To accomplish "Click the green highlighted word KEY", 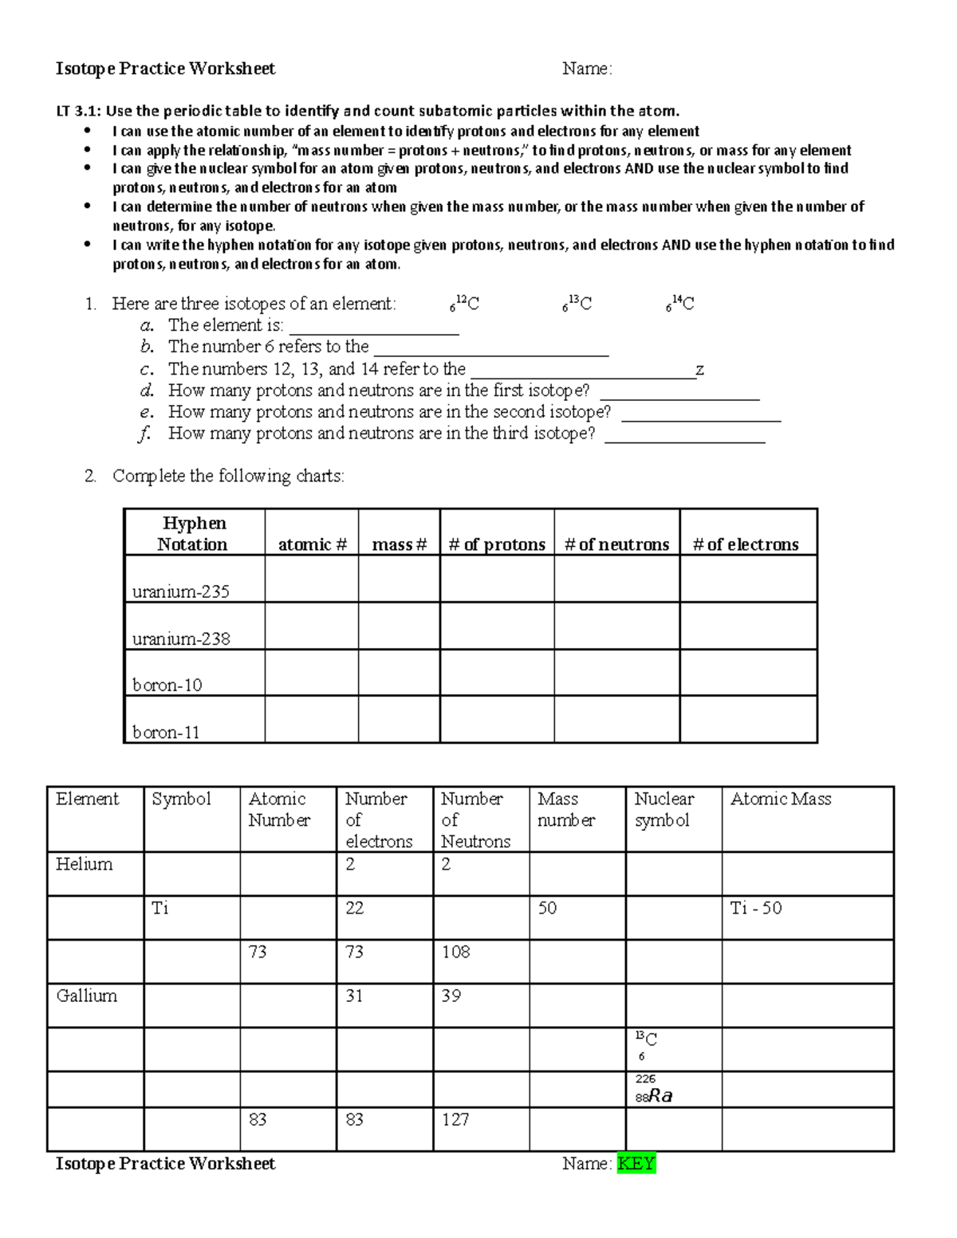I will click(x=636, y=1163).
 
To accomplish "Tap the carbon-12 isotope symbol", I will click(x=464, y=304).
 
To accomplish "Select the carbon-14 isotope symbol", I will click(x=680, y=304).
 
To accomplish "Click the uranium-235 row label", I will click(x=181, y=591).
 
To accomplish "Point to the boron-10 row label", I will click(x=167, y=685).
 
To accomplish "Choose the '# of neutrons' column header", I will click(x=616, y=544).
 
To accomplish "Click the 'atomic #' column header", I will click(x=312, y=544).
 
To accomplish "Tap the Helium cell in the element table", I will click(x=85, y=864).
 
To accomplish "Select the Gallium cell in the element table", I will click(x=87, y=996).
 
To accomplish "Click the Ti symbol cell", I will click(x=160, y=908).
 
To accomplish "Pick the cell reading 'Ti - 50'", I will click(x=756, y=908).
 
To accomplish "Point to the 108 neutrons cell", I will click(x=456, y=952).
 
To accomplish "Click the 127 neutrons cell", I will click(x=456, y=1119).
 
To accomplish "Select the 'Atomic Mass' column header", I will click(x=781, y=799).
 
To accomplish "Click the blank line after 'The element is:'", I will click(x=374, y=326).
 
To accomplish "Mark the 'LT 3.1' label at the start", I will click(x=77, y=112).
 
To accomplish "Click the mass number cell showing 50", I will click(x=547, y=908).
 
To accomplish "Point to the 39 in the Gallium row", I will click(x=451, y=996).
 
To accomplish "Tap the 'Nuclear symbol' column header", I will click(x=664, y=809).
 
